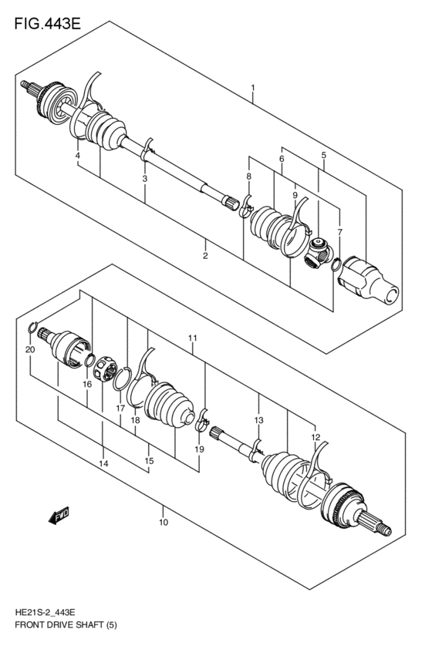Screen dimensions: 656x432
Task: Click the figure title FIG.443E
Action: [x=47, y=22]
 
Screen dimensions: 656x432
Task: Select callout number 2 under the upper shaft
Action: [x=206, y=255]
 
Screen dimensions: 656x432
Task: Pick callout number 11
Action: [x=193, y=338]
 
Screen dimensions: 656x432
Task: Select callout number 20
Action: [x=29, y=350]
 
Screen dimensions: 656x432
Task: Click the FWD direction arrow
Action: [x=59, y=516]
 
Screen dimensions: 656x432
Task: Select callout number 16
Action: [x=87, y=384]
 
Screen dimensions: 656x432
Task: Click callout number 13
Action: [x=259, y=420]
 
